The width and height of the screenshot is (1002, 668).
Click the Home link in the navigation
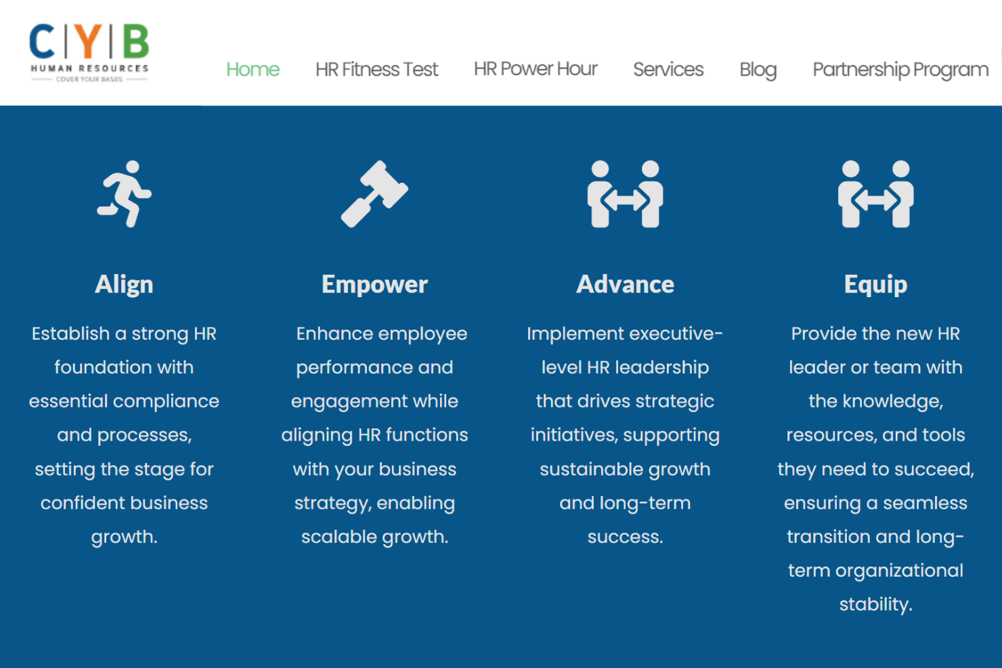pos(253,69)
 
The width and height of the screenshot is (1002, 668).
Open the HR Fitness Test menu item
pos(376,69)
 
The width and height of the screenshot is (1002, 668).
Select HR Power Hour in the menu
pos(536,69)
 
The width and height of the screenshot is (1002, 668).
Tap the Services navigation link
pos(668,69)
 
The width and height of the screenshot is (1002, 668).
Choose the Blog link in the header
pos(758,69)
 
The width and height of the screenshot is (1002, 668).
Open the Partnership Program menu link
pos(900,69)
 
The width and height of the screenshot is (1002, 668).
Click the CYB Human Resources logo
pos(89,53)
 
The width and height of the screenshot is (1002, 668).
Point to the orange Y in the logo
pos(89,41)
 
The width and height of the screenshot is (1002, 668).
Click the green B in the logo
pos(135,41)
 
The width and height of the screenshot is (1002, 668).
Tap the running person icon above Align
pos(125,194)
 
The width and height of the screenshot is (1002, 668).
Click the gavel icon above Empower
pos(374,194)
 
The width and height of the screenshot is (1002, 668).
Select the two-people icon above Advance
pos(625,194)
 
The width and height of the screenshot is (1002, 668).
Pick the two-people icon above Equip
pos(875,194)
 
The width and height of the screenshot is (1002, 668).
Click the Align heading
pos(124,284)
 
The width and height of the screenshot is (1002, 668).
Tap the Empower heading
pos(374,284)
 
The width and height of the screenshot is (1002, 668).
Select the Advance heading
pos(625,284)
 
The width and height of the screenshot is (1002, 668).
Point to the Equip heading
pos(875,284)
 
